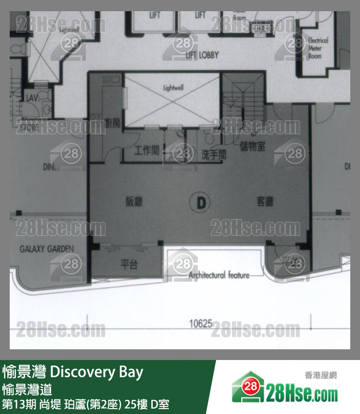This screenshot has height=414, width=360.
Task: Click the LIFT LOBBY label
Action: tap(202, 55)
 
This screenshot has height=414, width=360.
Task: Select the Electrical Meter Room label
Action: tap(318, 48)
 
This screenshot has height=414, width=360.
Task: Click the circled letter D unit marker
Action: tap(200, 201)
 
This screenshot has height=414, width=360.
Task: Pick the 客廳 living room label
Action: tap(265, 201)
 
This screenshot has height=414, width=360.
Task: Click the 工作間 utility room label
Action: tap(147, 151)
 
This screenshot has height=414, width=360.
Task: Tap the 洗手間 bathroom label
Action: tap(214, 155)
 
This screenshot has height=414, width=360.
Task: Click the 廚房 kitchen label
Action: tap(112, 124)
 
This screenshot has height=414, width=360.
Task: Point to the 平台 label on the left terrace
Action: tap(129, 264)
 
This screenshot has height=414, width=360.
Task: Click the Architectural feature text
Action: tap(219, 275)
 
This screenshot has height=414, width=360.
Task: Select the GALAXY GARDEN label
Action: tap(47, 249)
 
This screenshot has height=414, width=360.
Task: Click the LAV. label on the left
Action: tap(32, 98)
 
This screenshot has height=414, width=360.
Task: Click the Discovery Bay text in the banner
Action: tap(97, 372)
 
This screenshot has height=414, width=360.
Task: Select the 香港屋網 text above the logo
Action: tap(321, 375)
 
